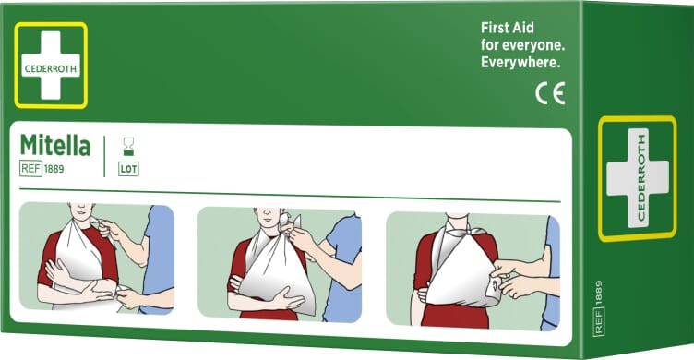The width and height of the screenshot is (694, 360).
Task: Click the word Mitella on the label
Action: pyautogui.click(x=55, y=145)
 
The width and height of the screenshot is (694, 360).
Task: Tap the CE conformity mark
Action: pyautogui.click(x=550, y=93)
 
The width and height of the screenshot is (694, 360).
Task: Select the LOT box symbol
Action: pyautogui.click(x=128, y=169)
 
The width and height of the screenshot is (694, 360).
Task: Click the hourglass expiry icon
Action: pyautogui.click(x=128, y=147)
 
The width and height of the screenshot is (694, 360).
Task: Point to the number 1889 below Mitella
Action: pyautogui.click(x=54, y=169)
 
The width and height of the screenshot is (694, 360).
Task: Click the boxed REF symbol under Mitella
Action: pyautogui.click(x=31, y=168)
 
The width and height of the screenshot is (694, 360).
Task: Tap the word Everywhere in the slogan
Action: pyautogui.click(x=520, y=63)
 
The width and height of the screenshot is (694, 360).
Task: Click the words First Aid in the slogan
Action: pyautogui.click(x=508, y=28)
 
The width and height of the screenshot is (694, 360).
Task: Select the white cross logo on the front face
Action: pyautogui.click(x=51, y=66)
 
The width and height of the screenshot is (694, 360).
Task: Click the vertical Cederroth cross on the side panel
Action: pyautogui.click(x=638, y=178)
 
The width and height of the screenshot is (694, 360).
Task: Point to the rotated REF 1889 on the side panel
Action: pyautogui.click(x=598, y=308)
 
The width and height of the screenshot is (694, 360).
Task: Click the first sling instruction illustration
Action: pyautogui.click(x=97, y=258)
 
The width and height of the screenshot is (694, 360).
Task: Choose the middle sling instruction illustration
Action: pyautogui.click(x=280, y=264)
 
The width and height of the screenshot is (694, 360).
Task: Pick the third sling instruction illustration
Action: pyautogui.click(x=473, y=271)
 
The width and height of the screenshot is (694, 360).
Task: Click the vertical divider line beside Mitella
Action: pyautogui.click(x=104, y=156)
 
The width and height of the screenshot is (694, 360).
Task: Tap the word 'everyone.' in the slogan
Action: pyautogui.click(x=533, y=45)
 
